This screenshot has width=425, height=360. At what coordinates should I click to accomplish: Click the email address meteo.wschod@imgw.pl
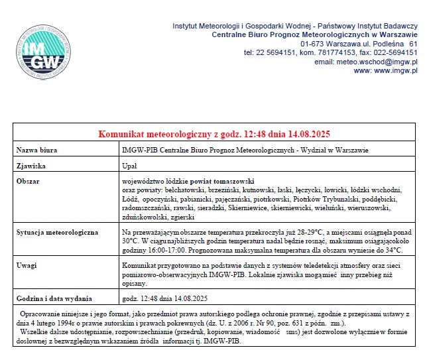(378, 61)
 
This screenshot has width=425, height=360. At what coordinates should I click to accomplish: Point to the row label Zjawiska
(31, 165)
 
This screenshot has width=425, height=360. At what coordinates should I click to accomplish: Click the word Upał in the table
(130, 165)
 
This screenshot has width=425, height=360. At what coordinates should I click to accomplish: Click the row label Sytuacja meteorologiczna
(57, 233)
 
